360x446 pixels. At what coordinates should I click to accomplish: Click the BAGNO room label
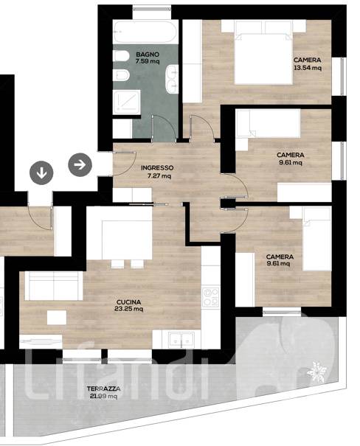(148, 55)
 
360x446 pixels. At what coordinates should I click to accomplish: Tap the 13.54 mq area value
(308, 68)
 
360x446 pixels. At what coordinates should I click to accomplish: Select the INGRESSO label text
(157, 168)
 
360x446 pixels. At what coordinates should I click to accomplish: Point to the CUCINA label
(129, 302)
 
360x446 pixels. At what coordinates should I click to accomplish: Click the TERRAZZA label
(103, 388)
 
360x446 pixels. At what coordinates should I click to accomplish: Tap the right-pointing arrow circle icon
(80, 164)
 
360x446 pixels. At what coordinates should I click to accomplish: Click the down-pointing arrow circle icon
(41, 173)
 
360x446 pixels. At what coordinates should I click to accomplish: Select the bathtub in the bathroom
(145, 32)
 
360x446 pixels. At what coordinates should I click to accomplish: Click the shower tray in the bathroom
(127, 102)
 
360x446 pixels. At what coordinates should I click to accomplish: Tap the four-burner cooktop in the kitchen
(210, 297)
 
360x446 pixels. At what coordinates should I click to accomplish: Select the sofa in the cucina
(54, 285)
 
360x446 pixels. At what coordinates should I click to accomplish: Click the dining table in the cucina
(127, 240)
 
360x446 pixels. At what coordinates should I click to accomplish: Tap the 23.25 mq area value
(129, 309)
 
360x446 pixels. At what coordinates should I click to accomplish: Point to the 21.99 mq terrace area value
(103, 396)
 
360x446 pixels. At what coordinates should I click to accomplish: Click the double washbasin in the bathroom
(172, 79)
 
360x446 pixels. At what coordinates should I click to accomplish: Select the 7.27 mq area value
(159, 175)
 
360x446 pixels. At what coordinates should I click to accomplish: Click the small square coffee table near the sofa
(57, 318)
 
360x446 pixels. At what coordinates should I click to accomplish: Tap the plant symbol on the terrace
(316, 372)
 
